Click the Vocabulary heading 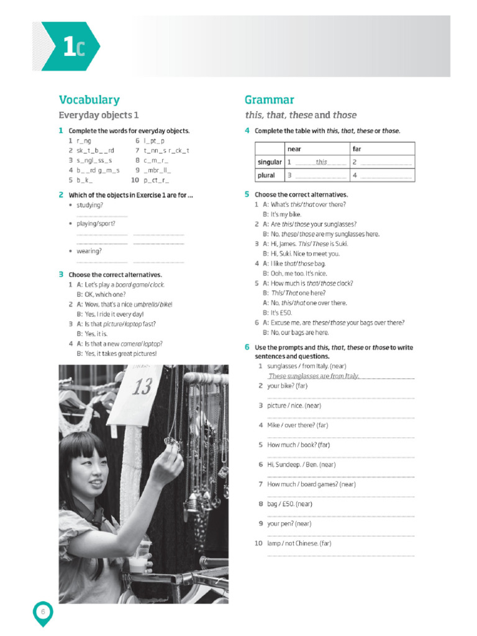[x=89, y=100]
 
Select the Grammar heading [x=269, y=100]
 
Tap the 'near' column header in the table [x=294, y=149]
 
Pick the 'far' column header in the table [x=357, y=149]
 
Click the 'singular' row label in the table [x=270, y=162]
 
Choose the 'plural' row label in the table [x=266, y=175]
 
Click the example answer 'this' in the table [x=321, y=162]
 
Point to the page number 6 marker [x=43, y=612]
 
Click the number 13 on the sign [x=142, y=386]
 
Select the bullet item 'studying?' [x=90, y=205]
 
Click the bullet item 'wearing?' [x=89, y=252]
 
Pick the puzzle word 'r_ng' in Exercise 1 [x=83, y=141]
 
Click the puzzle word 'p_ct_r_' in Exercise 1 [x=157, y=180]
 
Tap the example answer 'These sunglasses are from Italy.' [x=314, y=376]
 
